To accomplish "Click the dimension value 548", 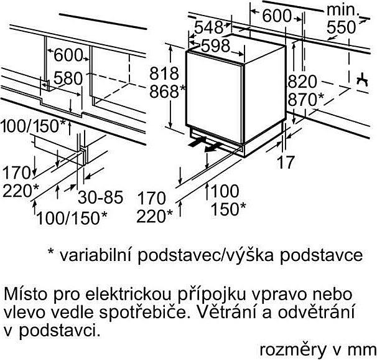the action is coord(208,27).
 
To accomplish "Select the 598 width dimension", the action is coord(215,45).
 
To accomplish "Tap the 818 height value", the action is coord(164,73).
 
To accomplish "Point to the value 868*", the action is coord(167,92).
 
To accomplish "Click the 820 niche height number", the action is coord(302,82).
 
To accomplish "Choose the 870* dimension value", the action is coord(306,100).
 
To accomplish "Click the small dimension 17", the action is coord(286,162).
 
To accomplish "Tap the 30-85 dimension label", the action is coord(101,197).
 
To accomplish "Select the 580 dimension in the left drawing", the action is coord(68,78).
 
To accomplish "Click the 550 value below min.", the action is coord(341,27).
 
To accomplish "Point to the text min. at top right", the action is coord(343,10).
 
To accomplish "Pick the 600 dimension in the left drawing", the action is coord(68,55).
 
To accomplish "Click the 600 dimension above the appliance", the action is coord(277,16).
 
